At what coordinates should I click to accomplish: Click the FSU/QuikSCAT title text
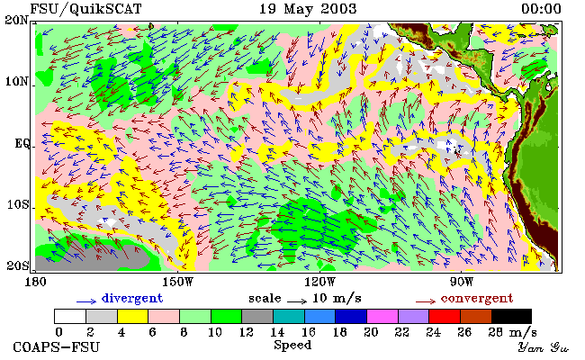click(85, 9)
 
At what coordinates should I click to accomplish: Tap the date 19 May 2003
click(308, 9)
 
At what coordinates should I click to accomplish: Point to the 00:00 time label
click(541, 9)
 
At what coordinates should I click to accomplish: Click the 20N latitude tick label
click(17, 20)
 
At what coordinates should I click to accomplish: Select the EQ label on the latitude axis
click(22, 144)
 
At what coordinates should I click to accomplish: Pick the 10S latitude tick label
click(18, 204)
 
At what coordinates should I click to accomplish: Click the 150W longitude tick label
click(178, 282)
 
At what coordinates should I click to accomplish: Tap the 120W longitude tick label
click(319, 282)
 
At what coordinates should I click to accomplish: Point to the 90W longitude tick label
click(462, 282)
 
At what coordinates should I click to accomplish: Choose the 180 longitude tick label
click(35, 282)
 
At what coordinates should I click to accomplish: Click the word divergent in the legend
click(132, 299)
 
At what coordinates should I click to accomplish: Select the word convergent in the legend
click(477, 299)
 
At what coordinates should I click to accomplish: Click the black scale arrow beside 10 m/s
click(297, 301)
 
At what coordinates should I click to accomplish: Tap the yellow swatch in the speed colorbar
click(132, 316)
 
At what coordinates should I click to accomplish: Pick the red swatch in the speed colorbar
click(445, 316)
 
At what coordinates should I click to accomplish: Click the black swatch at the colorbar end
click(511, 316)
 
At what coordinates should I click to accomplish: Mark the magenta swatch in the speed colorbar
click(382, 316)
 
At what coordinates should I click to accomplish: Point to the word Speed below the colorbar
click(292, 346)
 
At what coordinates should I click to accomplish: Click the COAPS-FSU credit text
click(57, 347)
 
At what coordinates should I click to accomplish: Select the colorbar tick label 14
click(277, 332)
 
